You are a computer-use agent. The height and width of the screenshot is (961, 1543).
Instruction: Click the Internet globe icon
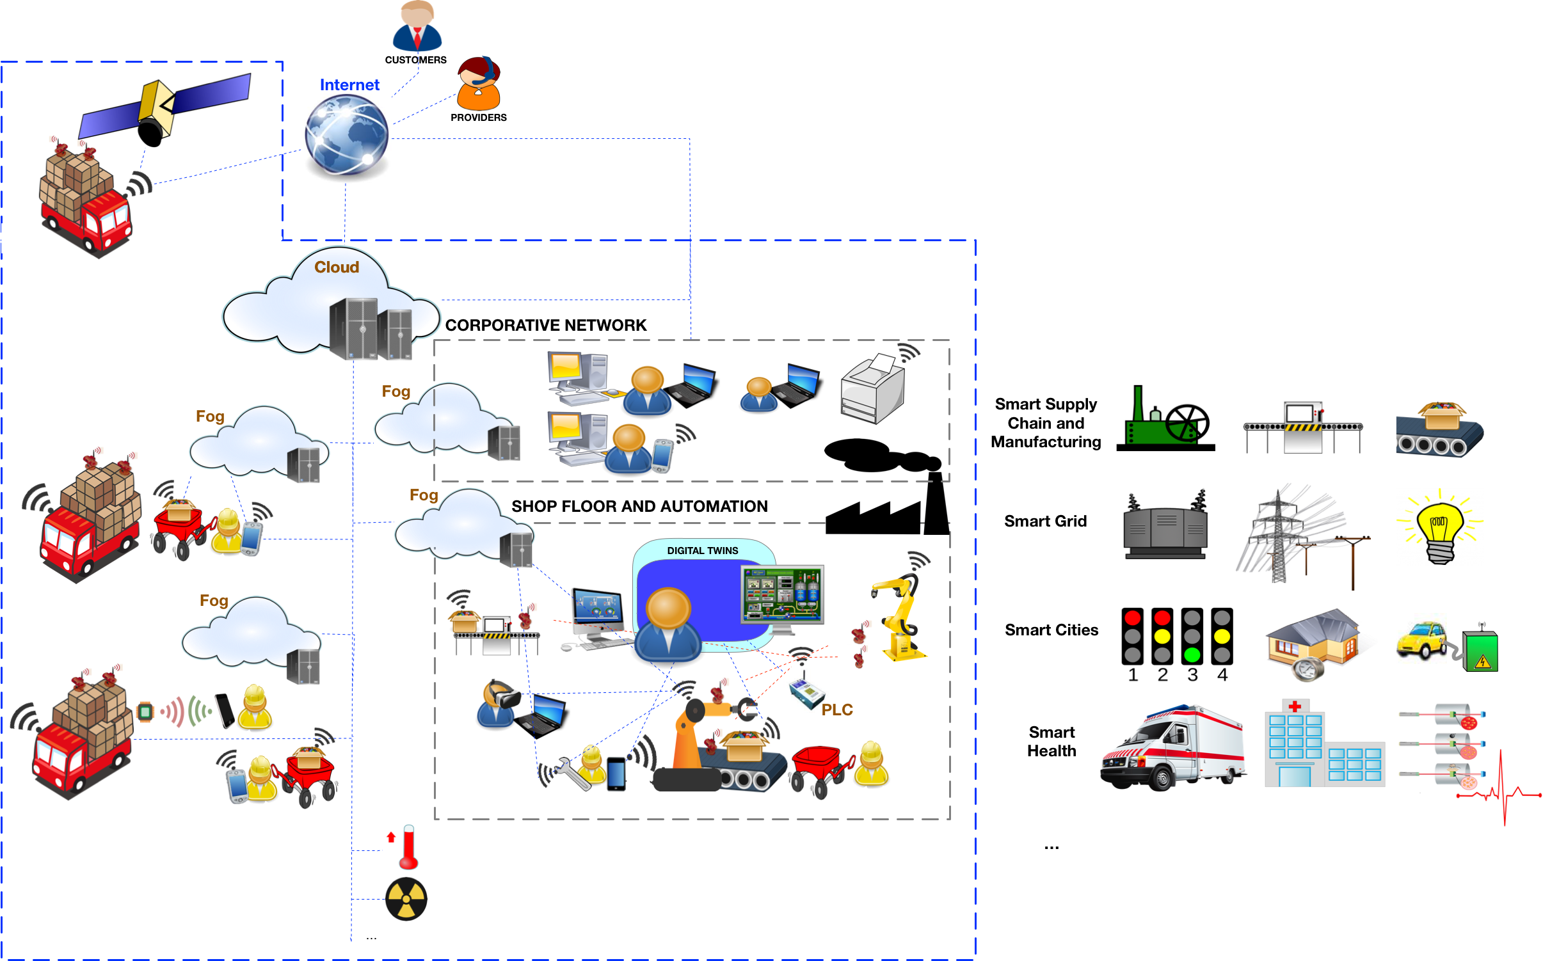click(346, 138)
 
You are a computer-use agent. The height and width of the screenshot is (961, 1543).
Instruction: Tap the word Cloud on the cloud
click(337, 267)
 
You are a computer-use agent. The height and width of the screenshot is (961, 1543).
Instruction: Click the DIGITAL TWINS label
click(702, 550)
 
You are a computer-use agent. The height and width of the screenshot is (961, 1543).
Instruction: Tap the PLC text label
click(837, 709)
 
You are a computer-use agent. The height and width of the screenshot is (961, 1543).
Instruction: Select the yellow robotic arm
click(900, 618)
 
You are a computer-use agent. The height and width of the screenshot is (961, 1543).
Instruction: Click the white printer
click(873, 389)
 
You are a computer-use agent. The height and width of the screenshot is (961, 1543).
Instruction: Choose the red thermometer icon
click(404, 848)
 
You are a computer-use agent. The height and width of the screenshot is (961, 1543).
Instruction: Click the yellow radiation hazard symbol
click(406, 900)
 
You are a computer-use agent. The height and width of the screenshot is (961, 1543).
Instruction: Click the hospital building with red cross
click(1318, 745)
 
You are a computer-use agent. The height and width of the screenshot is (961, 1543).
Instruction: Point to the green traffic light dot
click(1192, 655)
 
